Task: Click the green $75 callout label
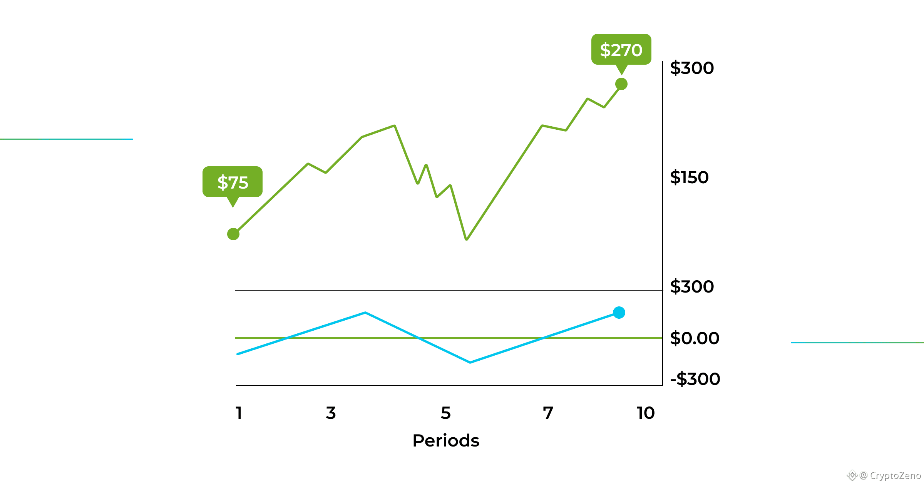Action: tap(233, 182)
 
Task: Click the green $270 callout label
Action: tap(621, 50)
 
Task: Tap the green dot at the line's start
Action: tap(233, 234)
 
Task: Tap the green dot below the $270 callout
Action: tap(621, 84)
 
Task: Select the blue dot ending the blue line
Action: tap(619, 313)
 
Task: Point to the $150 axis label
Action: tap(689, 177)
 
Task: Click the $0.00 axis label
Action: tap(695, 338)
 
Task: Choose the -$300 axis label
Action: tap(695, 379)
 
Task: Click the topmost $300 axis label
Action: tap(692, 68)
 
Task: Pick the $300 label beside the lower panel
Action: tap(692, 287)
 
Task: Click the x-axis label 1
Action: tap(239, 413)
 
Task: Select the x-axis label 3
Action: tap(331, 413)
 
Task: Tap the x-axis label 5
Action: tap(445, 413)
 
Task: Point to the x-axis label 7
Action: tap(548, 413)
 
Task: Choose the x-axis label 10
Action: tap(646, 413)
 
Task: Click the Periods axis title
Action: tap(446, 441)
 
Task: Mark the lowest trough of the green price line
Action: tap(467, 239)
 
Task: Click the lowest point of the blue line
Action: tap(470, 362)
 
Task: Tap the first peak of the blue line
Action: tap(365, 313)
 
